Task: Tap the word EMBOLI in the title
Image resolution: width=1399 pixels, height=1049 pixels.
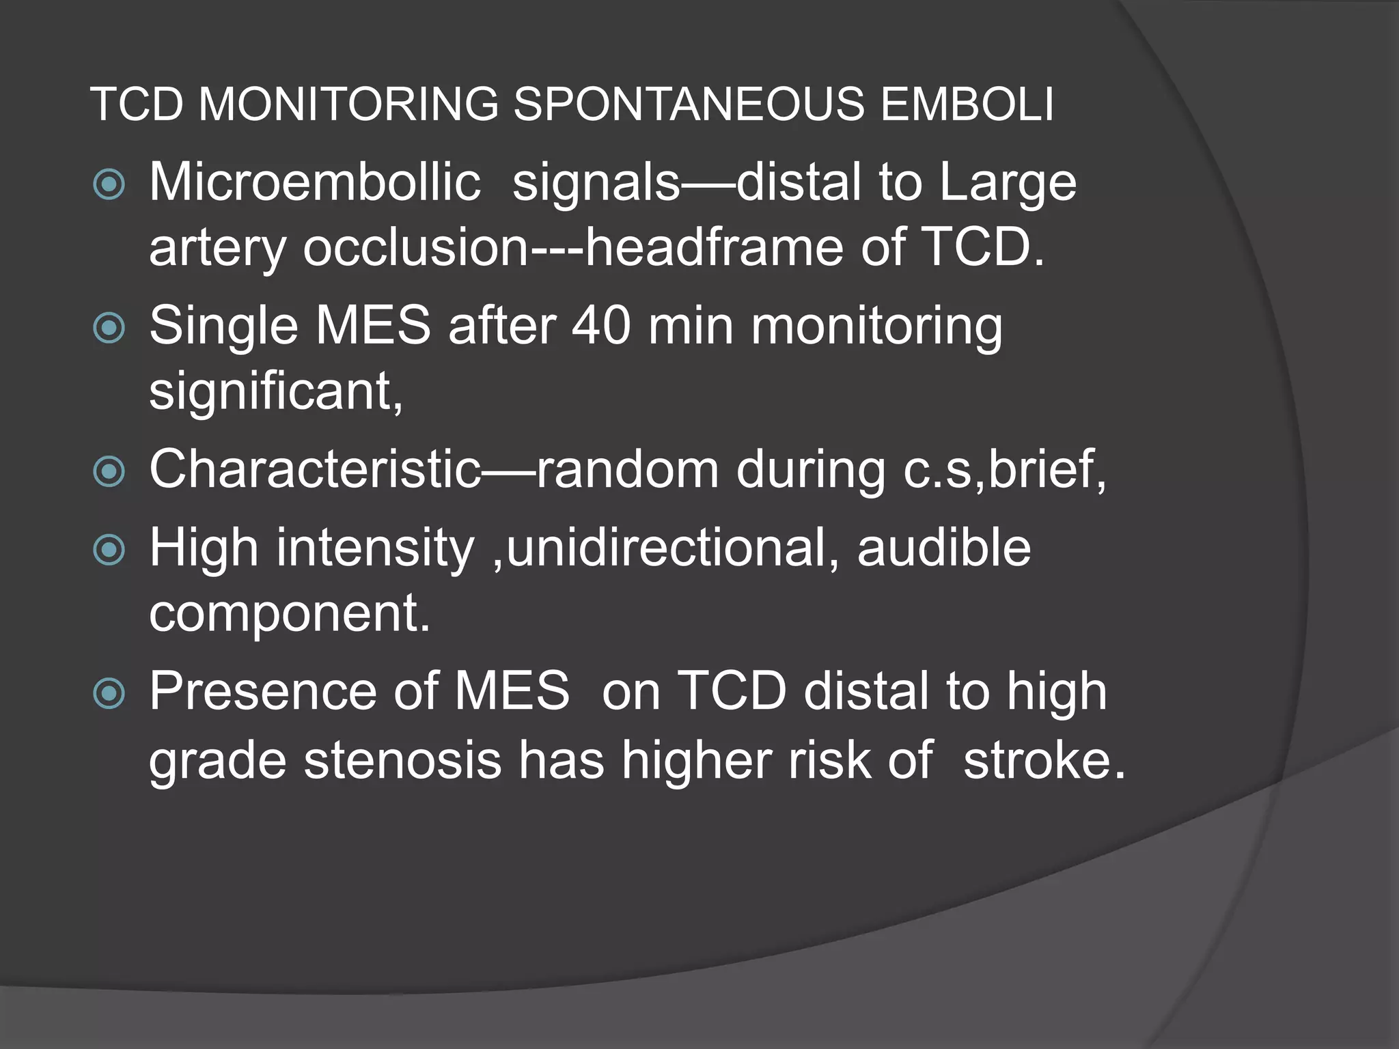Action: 967,104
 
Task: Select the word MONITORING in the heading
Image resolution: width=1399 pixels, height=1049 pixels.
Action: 348,104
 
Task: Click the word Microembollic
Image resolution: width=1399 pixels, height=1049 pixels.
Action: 315,182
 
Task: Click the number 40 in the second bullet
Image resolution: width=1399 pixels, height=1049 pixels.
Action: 601,326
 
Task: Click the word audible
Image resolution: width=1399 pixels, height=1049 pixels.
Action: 943,548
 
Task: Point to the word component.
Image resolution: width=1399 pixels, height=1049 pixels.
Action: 290,613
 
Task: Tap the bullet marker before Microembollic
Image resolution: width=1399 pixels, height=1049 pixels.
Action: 109,184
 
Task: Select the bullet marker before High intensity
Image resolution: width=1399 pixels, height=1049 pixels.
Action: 109,550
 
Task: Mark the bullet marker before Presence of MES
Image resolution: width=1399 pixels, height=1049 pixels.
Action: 109,695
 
